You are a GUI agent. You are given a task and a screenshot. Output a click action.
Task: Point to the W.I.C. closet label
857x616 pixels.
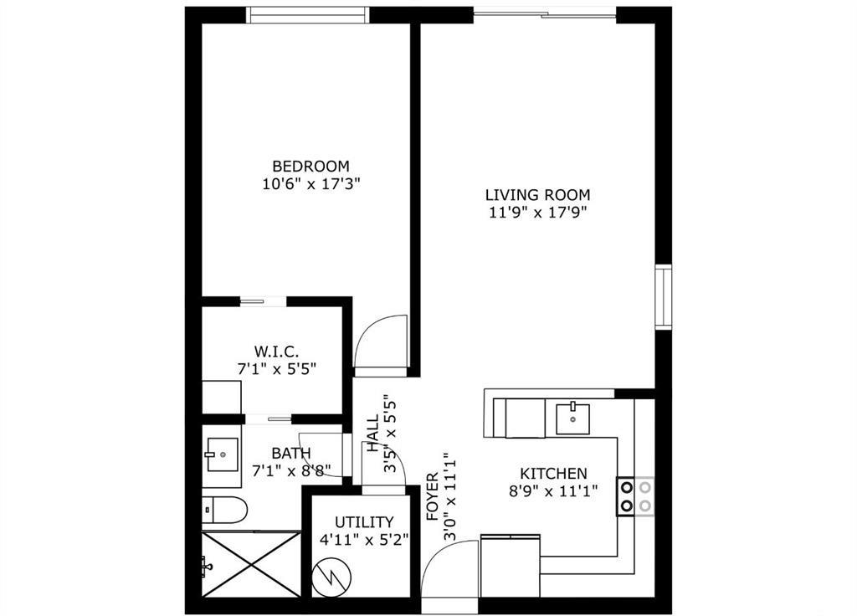(276, 350)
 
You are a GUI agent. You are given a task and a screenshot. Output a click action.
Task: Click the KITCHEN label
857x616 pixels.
(553, 473)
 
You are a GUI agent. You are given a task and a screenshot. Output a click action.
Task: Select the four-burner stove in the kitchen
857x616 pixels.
(636, 495)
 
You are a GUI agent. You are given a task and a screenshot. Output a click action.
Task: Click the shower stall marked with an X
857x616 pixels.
(251, 564)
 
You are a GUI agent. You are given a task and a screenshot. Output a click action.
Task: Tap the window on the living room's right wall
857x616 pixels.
(663, 297)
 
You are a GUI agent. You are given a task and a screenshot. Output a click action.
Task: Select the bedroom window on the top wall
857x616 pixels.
(308, 15)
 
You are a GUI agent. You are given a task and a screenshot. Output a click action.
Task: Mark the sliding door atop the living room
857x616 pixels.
(545, 13)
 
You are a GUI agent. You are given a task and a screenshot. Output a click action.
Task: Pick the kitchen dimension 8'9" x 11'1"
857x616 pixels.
(553, 491)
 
